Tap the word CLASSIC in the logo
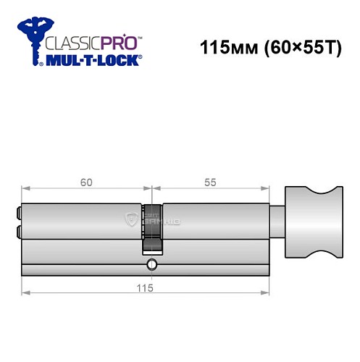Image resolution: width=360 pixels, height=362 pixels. click(72, 41)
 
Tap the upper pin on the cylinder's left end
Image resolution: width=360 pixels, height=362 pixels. click(17, 215)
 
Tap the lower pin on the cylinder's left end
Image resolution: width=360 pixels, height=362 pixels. click(17, 231)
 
